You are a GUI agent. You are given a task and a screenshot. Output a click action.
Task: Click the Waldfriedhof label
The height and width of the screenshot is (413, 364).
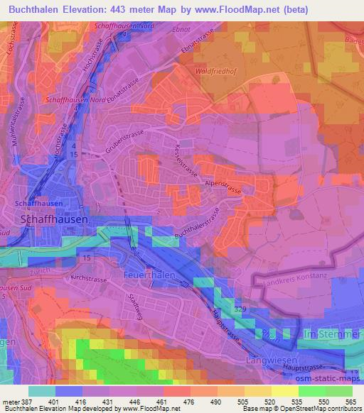[214, 71]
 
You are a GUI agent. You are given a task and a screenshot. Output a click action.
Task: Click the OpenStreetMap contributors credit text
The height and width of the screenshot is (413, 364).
[328, 409]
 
